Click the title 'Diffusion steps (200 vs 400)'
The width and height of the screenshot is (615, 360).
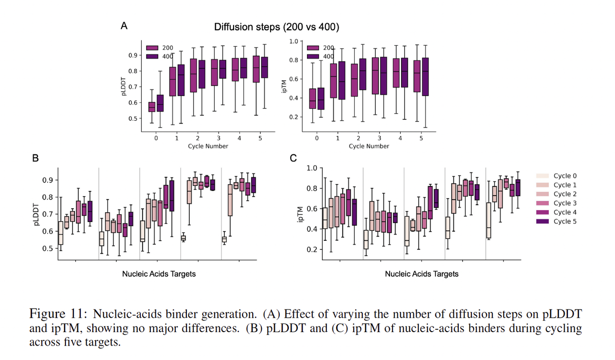pyautogui.click(x=276, y=27)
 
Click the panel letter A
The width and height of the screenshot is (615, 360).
pyautogui.click(x=124, y=26)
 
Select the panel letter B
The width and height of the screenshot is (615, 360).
pyautogui.click(x=35, y=158)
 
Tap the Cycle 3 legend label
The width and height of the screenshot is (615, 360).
pyautogui.click(x=562, y=203)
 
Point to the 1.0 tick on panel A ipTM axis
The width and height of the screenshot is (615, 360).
pyautogui.click(x=292, y=41)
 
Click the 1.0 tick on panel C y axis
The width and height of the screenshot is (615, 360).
pyautogui.click(x=312, y=168)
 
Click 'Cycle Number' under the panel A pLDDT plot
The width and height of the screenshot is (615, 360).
pyautogui.click(x=208, y=146)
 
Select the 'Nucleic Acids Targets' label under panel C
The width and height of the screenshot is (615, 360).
pyautogui.click(x=421, y=274)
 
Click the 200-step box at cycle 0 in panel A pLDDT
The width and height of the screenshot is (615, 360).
pyautogui.click(x=152, y=107)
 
